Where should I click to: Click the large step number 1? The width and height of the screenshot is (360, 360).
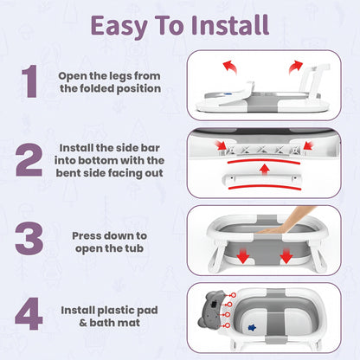coord(29,81)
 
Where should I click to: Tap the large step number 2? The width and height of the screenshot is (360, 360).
coord(29,159)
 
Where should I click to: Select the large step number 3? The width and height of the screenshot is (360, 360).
coord(29,238)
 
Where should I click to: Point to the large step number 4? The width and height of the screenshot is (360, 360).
coord(29,313)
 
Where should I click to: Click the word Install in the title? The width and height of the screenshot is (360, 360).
coord(230,25)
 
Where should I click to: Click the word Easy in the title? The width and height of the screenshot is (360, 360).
coord(119,27)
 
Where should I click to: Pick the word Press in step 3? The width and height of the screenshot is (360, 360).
coord(88,236)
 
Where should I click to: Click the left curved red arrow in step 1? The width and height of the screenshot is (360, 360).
coord(230,67)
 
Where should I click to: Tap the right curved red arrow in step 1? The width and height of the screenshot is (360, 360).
coord(296,67)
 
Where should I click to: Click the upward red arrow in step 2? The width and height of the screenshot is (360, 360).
coord(264,169)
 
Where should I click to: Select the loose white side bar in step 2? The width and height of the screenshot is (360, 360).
coord(262,180)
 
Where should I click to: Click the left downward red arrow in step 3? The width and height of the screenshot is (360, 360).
coord(243,255)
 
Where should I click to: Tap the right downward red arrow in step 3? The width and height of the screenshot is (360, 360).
coord(286,255)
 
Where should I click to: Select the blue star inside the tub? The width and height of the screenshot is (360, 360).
coord(252,328)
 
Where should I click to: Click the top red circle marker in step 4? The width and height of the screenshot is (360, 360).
coord(233,295)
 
